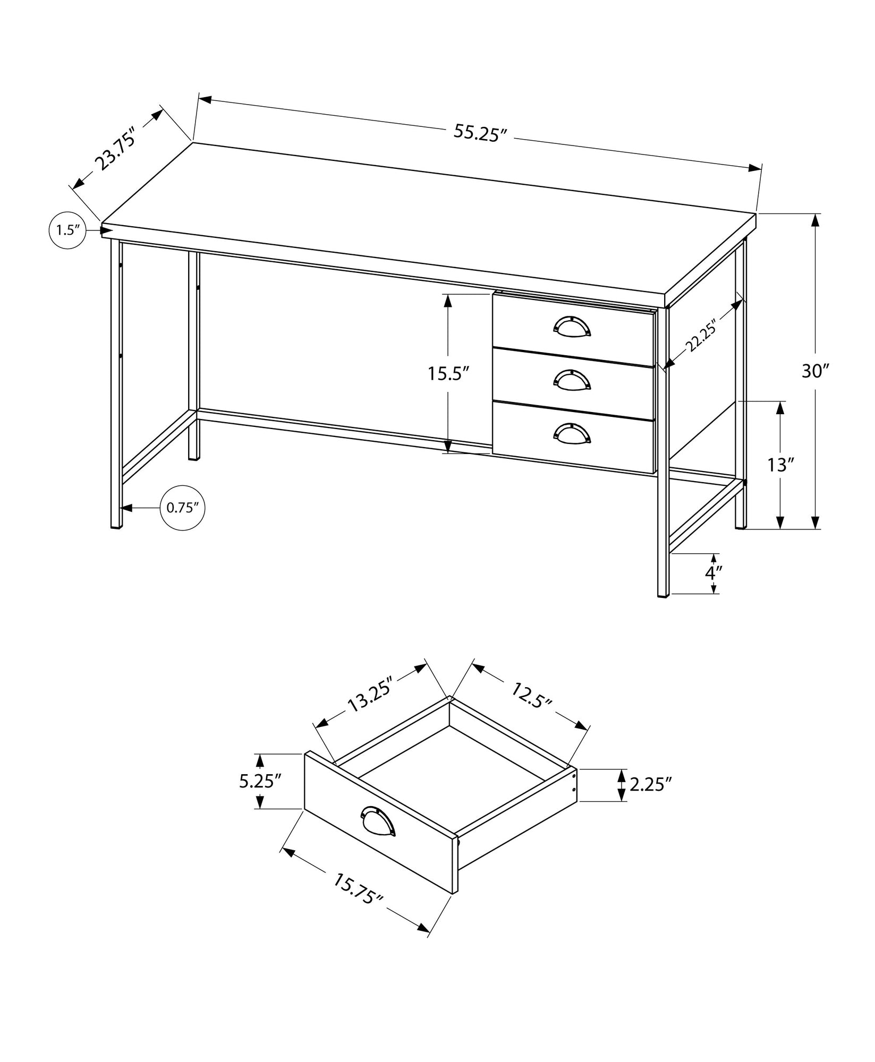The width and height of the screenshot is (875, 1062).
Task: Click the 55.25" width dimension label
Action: pos(478,133)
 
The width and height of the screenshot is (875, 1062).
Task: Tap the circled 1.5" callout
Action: pos(67,230)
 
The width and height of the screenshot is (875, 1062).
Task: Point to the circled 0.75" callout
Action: pos(182,507)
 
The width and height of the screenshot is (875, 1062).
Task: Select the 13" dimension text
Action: pos(780,466)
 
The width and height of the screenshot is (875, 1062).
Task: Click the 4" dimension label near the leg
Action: pos(714,573)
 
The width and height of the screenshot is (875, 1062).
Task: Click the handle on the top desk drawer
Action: pos(572,326)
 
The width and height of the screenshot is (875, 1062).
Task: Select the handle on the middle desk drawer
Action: pos(572,379)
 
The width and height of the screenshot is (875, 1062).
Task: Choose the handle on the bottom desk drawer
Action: pos(572,432)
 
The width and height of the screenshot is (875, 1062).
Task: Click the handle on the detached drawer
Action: pos(378,833)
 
